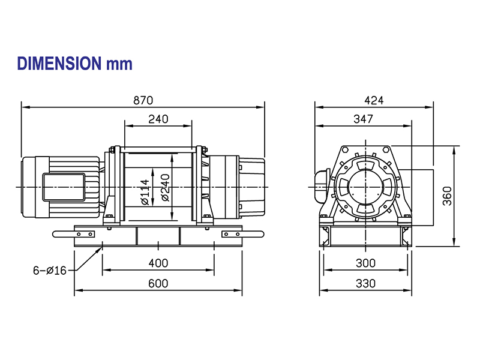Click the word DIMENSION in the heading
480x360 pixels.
59,64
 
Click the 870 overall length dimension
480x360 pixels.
143,100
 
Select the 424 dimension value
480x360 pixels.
374,100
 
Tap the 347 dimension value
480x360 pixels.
364,119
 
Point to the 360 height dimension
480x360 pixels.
447,196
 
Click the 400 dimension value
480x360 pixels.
158,263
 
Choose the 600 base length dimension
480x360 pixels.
158,283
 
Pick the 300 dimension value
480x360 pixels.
365,263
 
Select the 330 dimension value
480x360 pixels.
365,283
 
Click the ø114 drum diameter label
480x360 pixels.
145,192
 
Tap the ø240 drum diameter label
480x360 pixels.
166,188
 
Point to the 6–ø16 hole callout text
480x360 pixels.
50,271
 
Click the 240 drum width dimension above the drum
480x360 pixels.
158,119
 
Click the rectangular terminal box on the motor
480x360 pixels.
64,187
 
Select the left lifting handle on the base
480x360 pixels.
73,234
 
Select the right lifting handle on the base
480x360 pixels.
243,234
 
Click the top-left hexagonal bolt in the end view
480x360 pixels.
345,149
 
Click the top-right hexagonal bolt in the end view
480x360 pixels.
386,149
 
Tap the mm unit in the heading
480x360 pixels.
119,65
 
